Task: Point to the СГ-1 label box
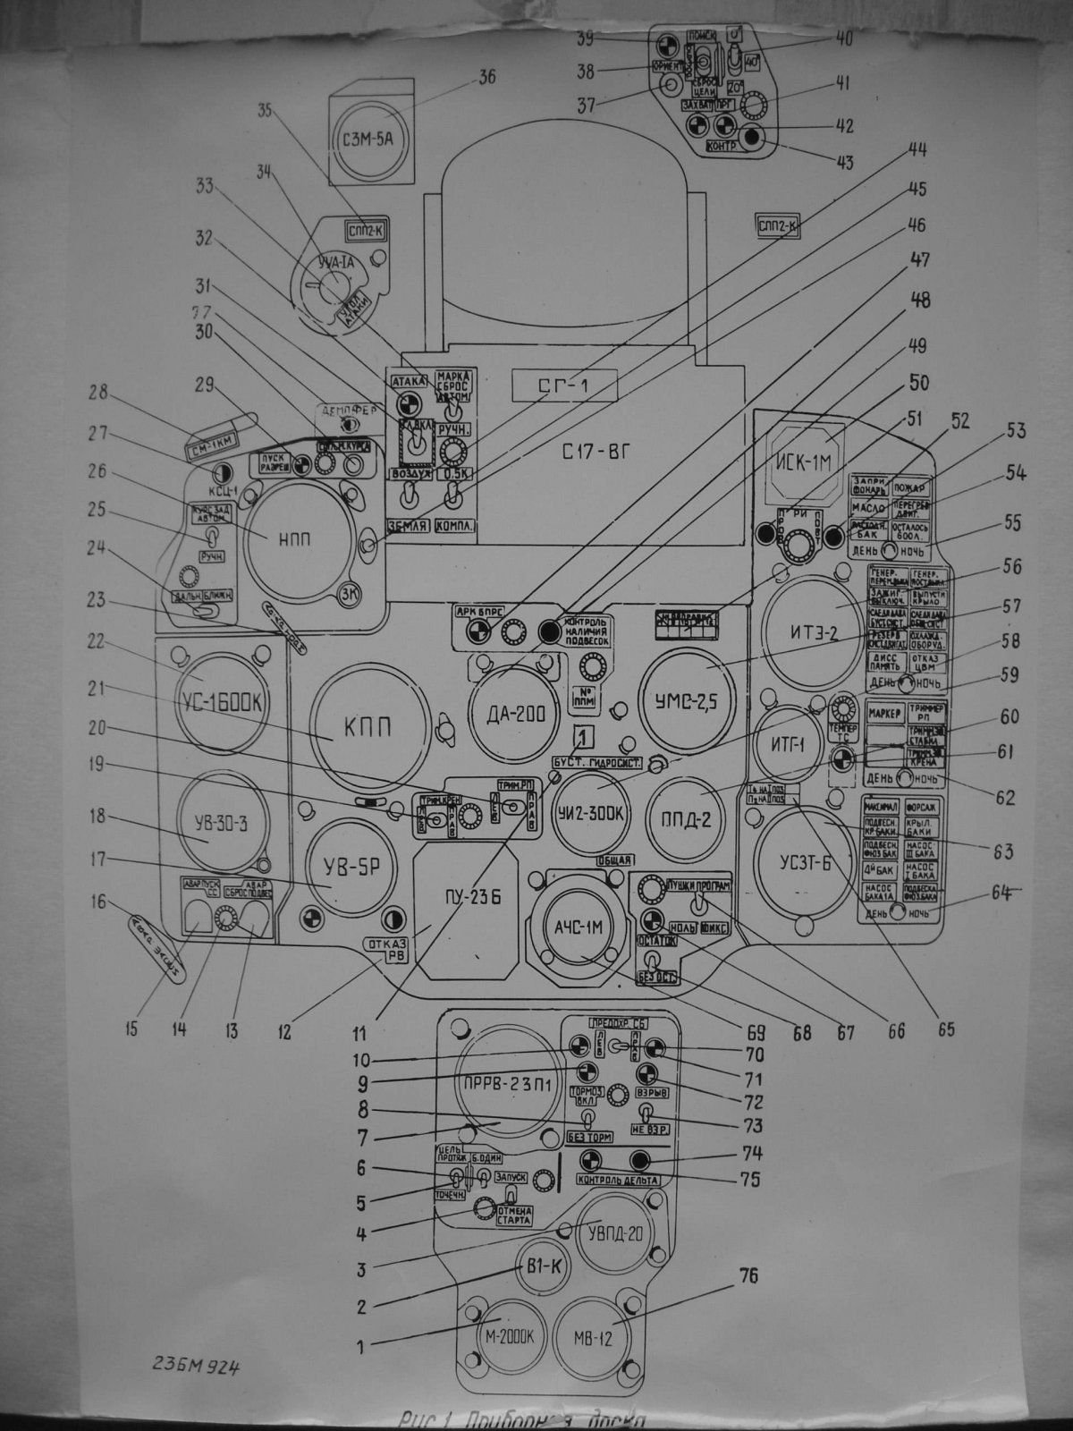coord(564,386)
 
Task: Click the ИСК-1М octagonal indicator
coord(809,463)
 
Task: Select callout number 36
coord(486,78)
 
